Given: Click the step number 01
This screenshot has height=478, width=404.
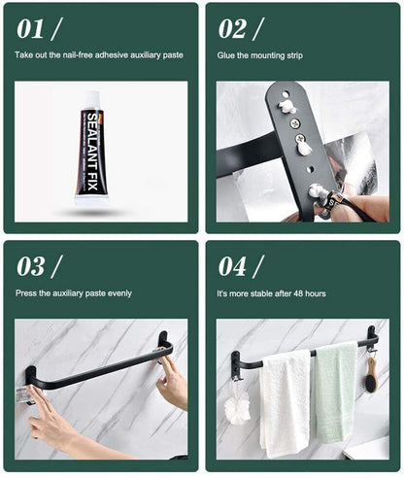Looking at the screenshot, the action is click(x=30, y=29).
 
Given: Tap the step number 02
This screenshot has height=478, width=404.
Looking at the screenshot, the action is click(x=232, y=29).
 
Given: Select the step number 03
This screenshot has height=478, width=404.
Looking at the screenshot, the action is click(x=30, y=266).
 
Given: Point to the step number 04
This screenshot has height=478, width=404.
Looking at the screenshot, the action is click(x=232, y=266).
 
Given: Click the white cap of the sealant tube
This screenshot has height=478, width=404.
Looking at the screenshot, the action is click(x=90, y=100).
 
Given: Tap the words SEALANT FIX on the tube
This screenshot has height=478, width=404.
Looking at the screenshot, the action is click(x=93, y=152).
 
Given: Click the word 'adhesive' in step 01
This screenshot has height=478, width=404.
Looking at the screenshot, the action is click(x=112, y=55).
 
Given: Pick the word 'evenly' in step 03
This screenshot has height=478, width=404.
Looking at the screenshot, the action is click(x=119, y=293).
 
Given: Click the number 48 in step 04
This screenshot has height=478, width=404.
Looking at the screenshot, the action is click(x=298, y=293).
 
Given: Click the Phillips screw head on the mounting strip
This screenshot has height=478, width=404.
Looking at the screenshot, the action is click(x=294, y=123).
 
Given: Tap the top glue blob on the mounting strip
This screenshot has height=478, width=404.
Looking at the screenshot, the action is click(x=287, y=108).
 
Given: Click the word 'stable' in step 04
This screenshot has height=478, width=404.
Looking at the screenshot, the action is click(x=261, y=293).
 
